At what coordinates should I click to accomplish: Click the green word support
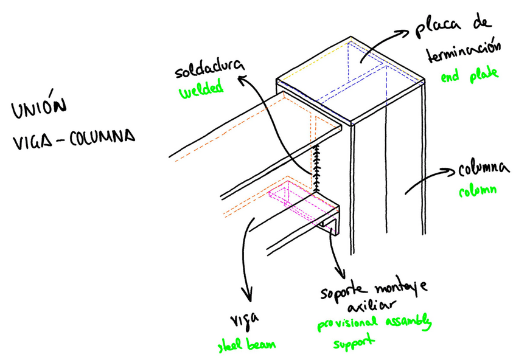click(x=353, y=344)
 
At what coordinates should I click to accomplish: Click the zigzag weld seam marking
click(x=316, y=168)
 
